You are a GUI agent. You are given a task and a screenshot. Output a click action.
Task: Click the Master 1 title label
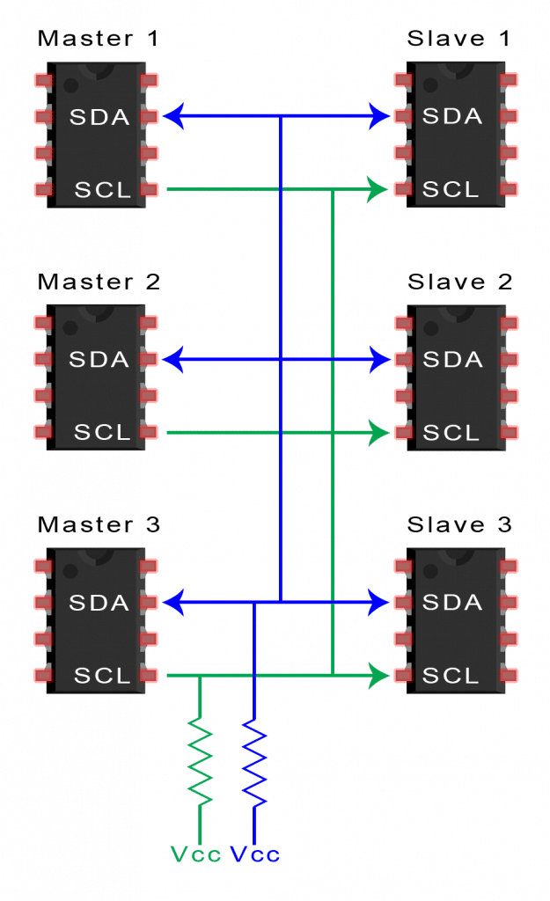[99, 39]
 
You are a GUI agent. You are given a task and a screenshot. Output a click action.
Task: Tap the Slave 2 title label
[458, 282]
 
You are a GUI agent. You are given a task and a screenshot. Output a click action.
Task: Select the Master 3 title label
[99, 525]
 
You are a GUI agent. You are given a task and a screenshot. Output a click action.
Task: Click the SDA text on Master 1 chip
[99, 116]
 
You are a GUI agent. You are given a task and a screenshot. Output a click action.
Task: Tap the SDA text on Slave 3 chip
[452, 603]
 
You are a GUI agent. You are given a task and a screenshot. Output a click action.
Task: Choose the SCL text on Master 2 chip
[102, 433]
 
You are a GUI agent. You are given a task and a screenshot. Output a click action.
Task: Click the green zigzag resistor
[201, 761]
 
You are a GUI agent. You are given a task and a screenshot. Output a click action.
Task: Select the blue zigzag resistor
[254, 763]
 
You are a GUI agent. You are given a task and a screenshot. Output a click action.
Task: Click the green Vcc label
[194, 854]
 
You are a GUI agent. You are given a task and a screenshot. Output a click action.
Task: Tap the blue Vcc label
[255, 854]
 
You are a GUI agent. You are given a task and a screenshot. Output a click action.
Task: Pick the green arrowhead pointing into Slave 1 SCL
[378, 189]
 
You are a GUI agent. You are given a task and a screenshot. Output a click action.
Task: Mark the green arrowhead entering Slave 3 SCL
[378, 676]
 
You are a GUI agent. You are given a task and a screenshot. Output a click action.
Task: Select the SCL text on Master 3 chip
[102, 676]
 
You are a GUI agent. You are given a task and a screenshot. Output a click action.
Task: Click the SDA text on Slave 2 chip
[452, 359]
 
